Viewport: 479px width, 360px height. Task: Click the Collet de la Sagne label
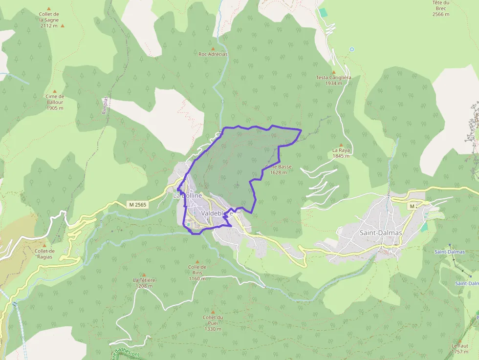pos(49,20)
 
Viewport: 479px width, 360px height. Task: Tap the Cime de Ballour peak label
pos(55,102)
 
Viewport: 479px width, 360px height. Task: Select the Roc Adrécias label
pos(213,54)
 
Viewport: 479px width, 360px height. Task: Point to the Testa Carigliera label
pos(333,80)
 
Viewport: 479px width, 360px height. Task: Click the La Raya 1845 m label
pos(341,153)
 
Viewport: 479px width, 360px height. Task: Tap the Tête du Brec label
pos(440,8)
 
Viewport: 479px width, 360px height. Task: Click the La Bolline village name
pos(187,195)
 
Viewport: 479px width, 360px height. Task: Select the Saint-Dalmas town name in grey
pos(381,233)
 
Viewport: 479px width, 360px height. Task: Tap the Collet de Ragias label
pos(44,254)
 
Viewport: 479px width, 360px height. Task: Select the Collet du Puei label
pos(213,323)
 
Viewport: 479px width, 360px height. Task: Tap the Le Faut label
pos(459,348)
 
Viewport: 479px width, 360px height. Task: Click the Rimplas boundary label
pos(105,105)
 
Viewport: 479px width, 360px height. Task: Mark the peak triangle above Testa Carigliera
pos(334,72)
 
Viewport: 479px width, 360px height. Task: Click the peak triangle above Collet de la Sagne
pos(48,9)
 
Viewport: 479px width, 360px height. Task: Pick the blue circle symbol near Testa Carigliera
pos(351,49)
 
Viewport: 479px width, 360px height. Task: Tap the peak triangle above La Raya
pos(341,145)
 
